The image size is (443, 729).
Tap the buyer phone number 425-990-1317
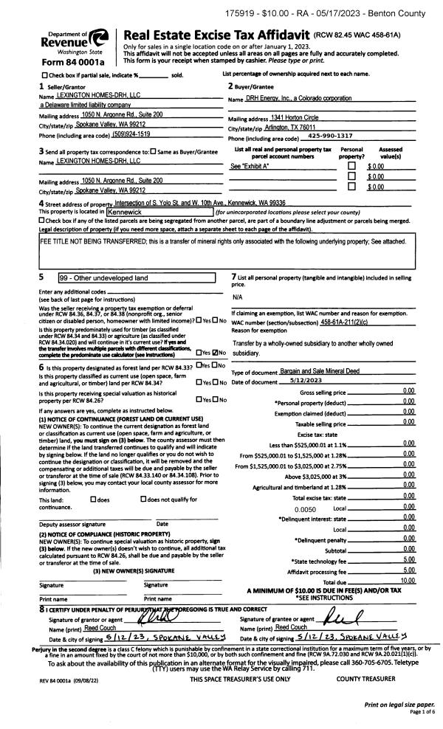[x=329, y=136]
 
